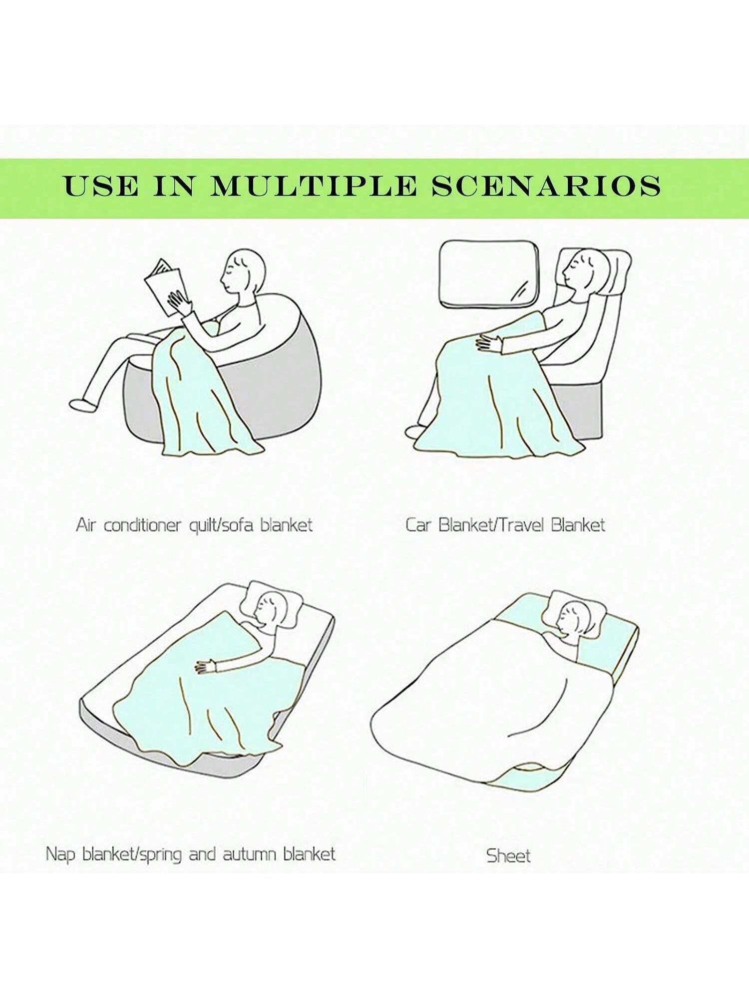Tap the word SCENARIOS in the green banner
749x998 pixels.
[546, 186]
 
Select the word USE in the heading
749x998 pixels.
[101, 186]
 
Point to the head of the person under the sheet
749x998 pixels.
[574, 618]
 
